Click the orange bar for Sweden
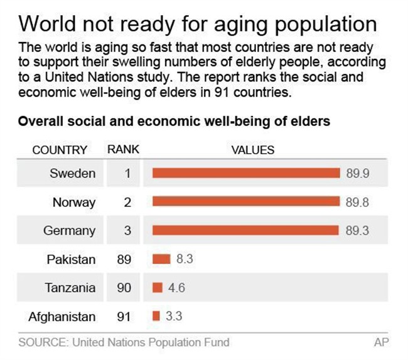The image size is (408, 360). pyautogui.click(x=246, y=174)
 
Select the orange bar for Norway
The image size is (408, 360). pyautogui.click(x=246, y=202)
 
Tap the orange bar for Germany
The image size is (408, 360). pyautogui.click(x=246, y=231)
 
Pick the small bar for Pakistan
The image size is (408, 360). pyautogui.click(x=161, y=259)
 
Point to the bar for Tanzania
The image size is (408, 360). pyautogui.click(x=158, y=288)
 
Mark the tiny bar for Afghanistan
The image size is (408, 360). pyautogui.click(x=156, y=316)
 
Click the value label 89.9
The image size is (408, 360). pyautogui.click(x=357, y=174)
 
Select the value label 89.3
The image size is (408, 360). pyautogui.click(x=357, y=231)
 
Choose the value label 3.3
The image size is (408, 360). pyautogui.click(x=174, y=316)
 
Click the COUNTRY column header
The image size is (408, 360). pyautogui.click(x=60, y=150)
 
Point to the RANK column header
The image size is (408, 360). pyautogui.click(x=123, y=150)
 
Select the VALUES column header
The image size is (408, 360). pyautogui.click(x=253, y=150)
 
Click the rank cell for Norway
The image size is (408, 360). pyautogui.click(x=127, y=202)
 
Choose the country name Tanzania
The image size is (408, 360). pyautogui.click(x=70, y=288)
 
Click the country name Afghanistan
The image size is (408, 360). pyautogui.click(x=62, y=316)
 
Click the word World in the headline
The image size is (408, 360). pyautogui.click(x=47, y=24)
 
